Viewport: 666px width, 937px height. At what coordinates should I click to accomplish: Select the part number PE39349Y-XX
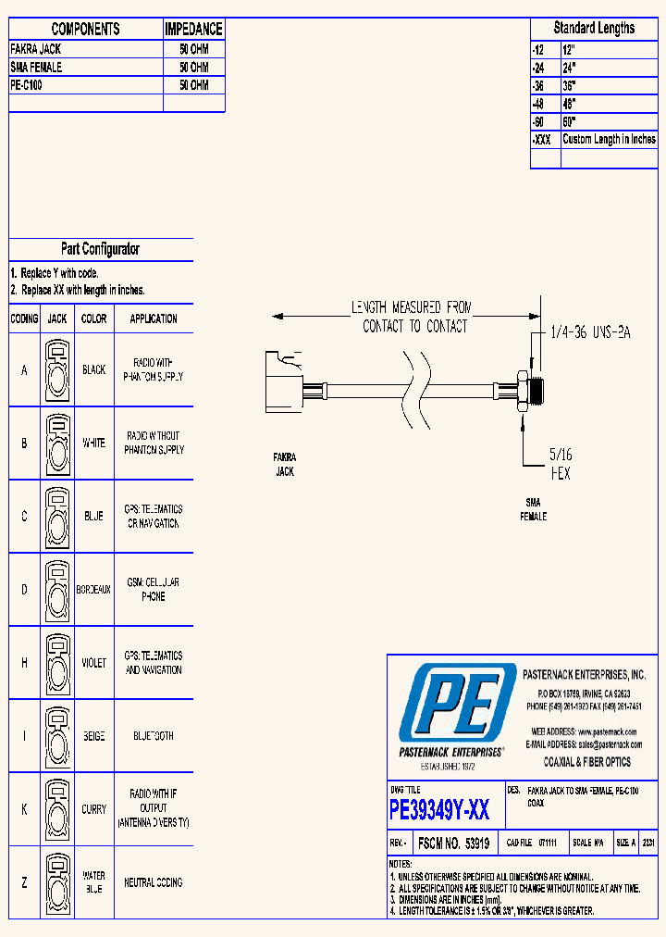coord(439,811)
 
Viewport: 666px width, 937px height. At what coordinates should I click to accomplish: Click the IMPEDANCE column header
coord(193,30)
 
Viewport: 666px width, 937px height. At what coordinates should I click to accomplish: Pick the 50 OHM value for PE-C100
coord(193,85)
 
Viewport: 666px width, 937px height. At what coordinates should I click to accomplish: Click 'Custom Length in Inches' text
coord(609,139)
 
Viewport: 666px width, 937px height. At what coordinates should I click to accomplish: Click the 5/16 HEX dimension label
coord(561,463)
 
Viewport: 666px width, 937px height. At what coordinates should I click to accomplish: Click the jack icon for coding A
coord(57,369)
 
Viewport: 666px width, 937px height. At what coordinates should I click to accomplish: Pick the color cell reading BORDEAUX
coord(93,590)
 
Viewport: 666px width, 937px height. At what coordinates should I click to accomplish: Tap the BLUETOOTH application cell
coord(154,736)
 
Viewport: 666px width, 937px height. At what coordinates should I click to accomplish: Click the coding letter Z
coord(24,883)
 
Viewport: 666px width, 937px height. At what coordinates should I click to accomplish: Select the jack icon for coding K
coord(57,809)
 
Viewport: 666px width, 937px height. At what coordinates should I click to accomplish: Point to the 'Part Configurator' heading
coord(100,249)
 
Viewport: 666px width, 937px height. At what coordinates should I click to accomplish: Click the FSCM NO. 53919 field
coord(453,843)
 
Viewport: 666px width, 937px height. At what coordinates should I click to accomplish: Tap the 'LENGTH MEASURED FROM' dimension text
coord(411,306)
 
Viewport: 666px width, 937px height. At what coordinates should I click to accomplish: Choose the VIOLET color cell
coord(93,663)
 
